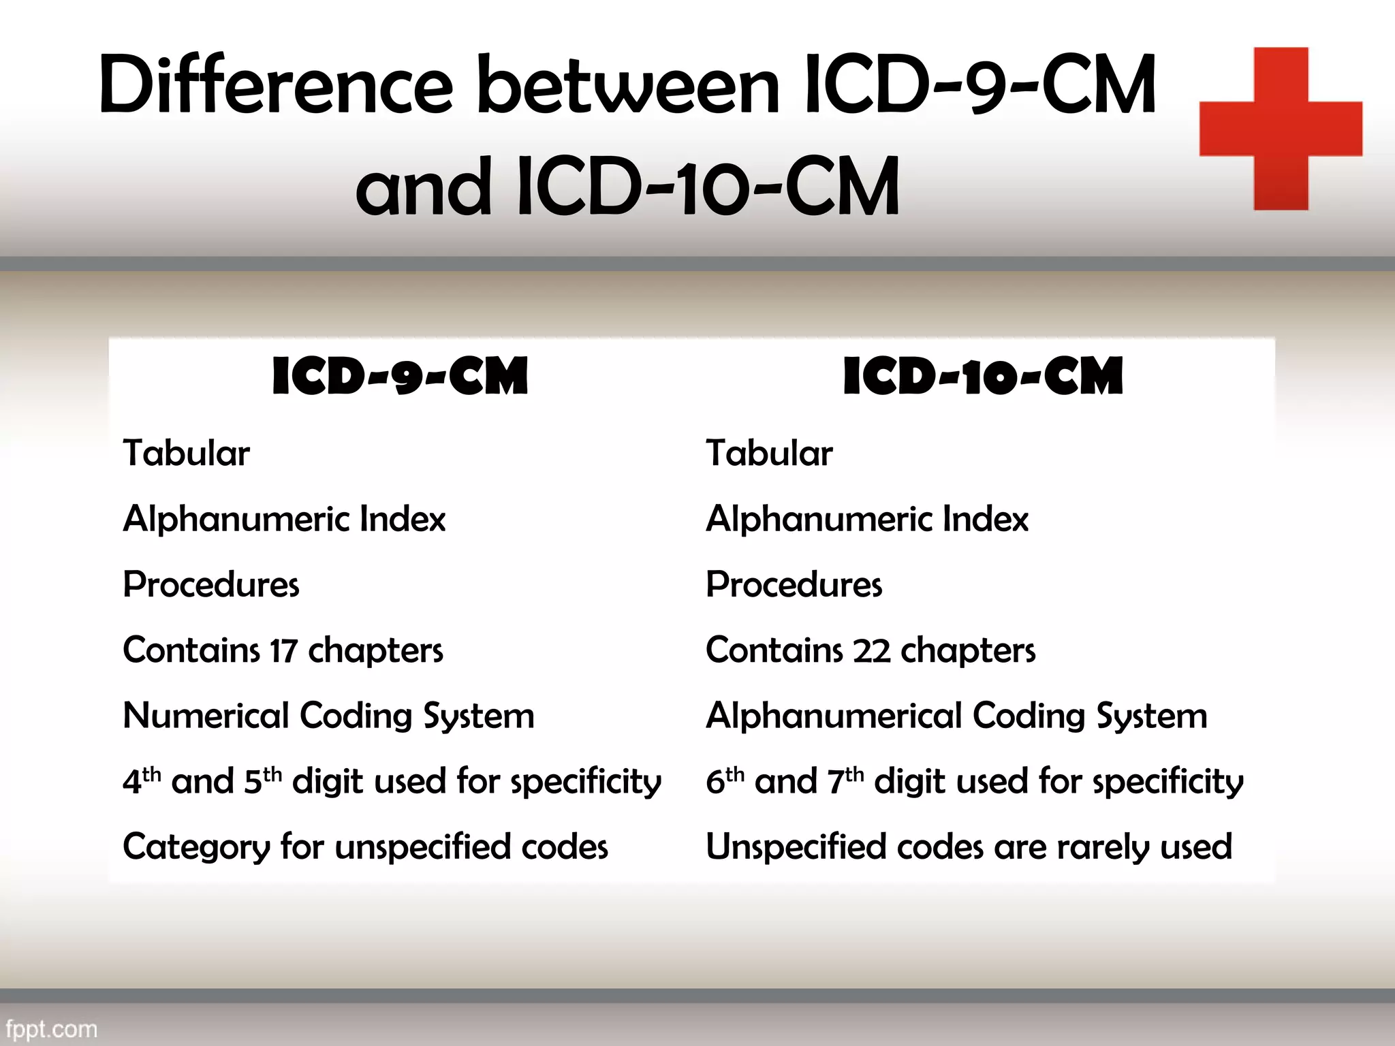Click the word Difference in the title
[x=275, y=86]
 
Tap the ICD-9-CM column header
[x=400, y=377]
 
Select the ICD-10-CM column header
[x=982, y=377]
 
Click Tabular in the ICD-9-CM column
[x=186, y=454]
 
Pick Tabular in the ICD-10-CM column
[x=769, y=454]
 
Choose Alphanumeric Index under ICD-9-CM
[x=284, y=519]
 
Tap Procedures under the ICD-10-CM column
[x=794, y=585]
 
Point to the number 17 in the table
[x=283, y=651]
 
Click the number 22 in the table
[x=871, y=651]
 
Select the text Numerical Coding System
[x=328, y=716]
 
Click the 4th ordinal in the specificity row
[x=142, y=780]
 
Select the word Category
[x=196, y=848]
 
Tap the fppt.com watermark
[x=51, y=1028]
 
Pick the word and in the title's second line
[x=423, y=187]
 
